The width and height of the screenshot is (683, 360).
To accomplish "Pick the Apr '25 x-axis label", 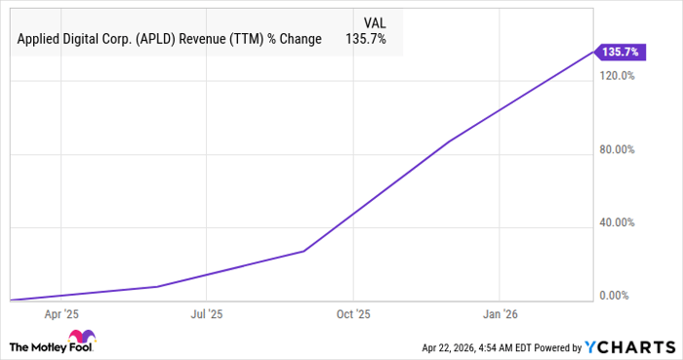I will pyautogui.click(x=61, y=314).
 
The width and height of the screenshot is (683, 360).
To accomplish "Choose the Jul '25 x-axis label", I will pyautogui.click(x=207, y=314).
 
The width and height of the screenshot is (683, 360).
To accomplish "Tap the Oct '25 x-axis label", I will pyautogui.click(x=353, y=314).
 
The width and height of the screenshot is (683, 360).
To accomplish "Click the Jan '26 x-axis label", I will pyautogui.click(x=500, y=314).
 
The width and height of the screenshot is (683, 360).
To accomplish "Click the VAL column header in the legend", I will pyautogui.click(x=374, y=20).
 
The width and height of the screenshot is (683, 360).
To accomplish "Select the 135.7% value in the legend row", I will pyautogui.click(x=367, y=40).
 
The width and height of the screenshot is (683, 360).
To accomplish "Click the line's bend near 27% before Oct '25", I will pyautogui.click(x=303, y=251).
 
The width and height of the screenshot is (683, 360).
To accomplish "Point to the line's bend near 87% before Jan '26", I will pyautogui.click(x=450, y=140).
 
